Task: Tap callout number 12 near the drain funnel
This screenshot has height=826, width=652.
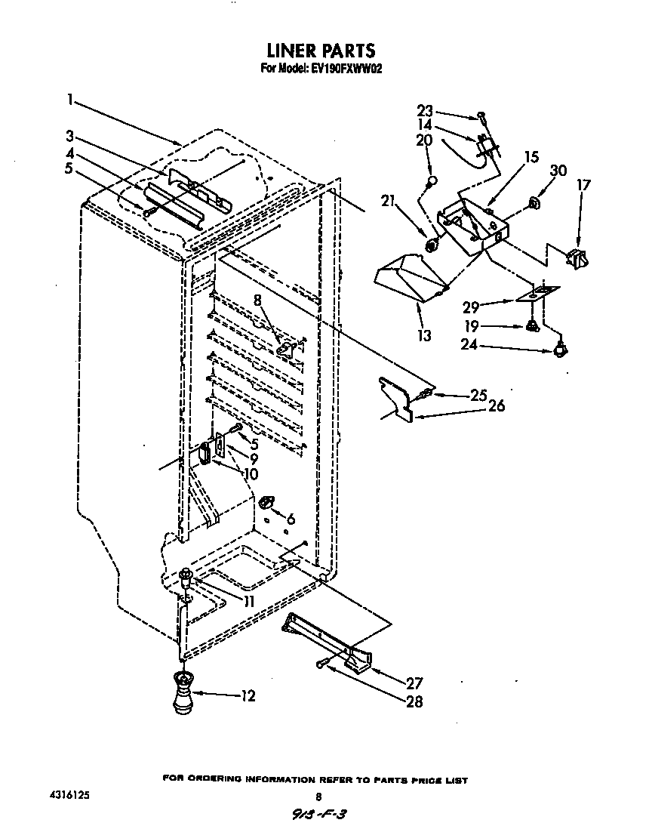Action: click(x=248, y=695)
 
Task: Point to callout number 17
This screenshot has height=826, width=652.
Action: click(x=584, y=184)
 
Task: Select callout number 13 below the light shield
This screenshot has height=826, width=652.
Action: click(x=424, y=335)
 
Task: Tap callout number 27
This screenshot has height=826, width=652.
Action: click(x=414, y=684)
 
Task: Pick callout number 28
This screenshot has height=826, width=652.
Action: click(x=414, y=701)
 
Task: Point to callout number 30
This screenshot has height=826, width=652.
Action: click(x=558, y=171)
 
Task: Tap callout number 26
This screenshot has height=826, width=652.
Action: click(x=496, y=405)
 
